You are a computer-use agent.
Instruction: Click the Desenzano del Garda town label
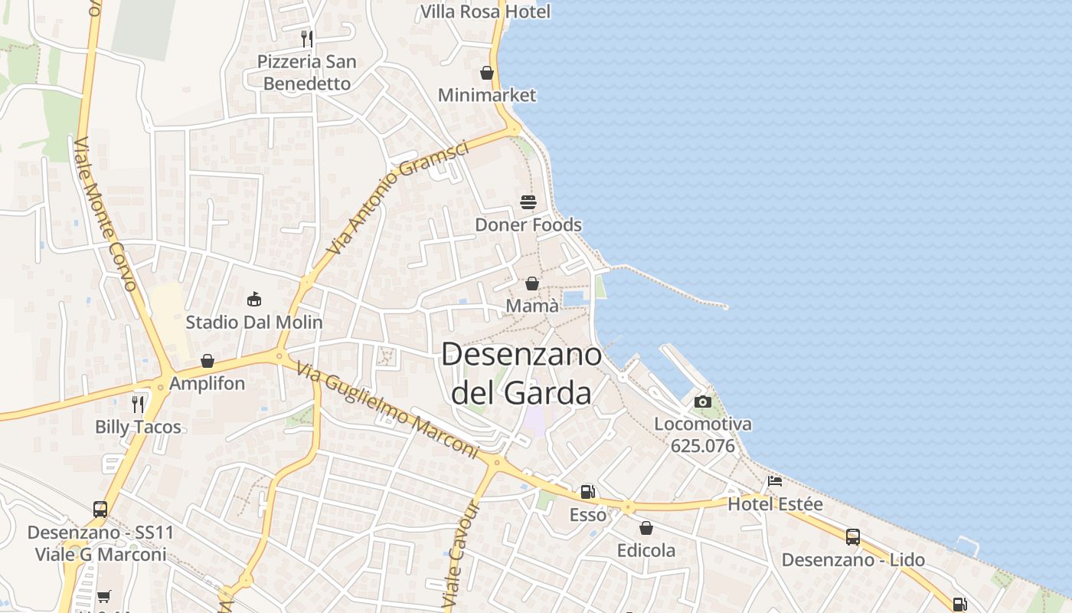tap(521, 373)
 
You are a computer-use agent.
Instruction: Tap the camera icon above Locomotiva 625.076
tap(702, 402)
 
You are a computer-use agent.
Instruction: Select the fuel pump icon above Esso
tap(587, 492)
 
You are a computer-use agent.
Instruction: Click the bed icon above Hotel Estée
tap(775, 481)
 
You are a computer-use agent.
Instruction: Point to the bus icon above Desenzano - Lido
tap(853, 536)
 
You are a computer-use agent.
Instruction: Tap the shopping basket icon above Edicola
tap(646, 528)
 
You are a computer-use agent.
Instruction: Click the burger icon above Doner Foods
tap(528, 202)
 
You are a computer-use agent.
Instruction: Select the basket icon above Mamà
tap(532, 284)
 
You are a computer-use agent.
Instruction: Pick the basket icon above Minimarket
tap(486, 73)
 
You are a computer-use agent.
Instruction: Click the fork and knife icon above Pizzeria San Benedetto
tap(306, 38)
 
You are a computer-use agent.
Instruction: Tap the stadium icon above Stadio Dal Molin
tap(254, 299)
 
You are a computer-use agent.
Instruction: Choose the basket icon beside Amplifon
tap(208, 360)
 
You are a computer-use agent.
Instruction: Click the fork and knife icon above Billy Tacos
tap(138, 404)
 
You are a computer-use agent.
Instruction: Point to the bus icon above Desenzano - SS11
tap(100, 509)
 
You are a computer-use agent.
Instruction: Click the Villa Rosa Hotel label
tap(485, 11)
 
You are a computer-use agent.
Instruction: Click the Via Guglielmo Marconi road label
tap(387, 411)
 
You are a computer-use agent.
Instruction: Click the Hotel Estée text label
tap(775, 504)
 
